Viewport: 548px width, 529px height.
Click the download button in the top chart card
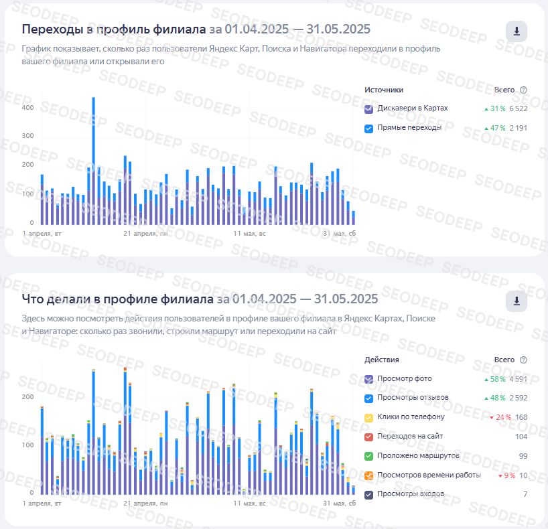coord(517,31)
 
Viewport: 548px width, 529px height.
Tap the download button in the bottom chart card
coord(517,301)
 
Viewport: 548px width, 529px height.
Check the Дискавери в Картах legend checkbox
coord(368,108)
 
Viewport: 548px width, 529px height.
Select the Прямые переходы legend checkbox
coord(368,128)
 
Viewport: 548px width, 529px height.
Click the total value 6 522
coord(518,108)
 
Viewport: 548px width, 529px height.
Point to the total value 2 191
coord(518,128)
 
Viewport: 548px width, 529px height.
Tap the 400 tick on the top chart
coord(27,108)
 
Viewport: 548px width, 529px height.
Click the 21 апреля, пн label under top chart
coord(144,234)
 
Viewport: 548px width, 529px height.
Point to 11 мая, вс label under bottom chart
coord(249,503)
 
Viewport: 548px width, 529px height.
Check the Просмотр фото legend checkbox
coord(368,379)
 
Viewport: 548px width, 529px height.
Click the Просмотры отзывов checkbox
coord(368,398)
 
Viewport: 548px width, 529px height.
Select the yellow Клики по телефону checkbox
coord(368,417)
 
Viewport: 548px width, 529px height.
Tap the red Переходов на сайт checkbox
coord(368,437)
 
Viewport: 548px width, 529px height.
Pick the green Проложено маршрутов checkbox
coord(368,456)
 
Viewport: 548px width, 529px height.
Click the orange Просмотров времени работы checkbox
coord(368,475)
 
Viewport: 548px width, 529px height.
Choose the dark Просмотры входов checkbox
coord(368,495)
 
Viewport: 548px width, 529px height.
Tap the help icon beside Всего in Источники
coord(523,90)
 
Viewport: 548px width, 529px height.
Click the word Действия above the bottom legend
coord(381,360)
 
